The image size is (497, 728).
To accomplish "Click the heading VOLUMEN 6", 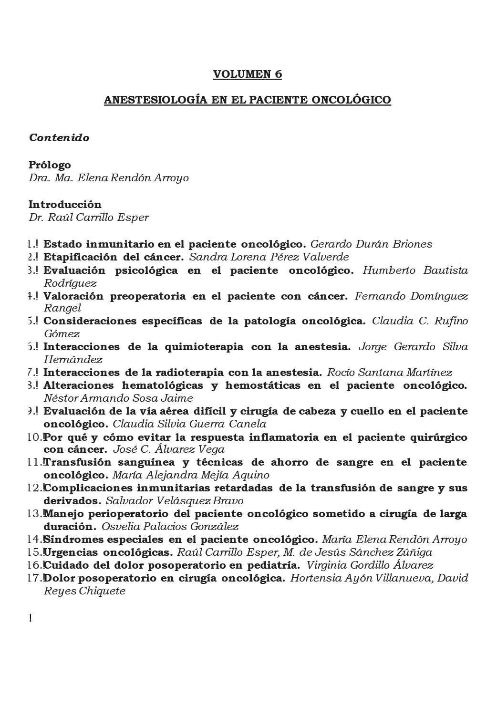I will (248, 74).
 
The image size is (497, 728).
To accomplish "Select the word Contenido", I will (59, 138).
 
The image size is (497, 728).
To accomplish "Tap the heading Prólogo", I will (50, 165).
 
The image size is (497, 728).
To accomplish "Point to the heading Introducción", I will (65, 205).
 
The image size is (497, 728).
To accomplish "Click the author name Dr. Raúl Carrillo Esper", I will (89, 218).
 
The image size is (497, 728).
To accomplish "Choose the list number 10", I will (35, 437).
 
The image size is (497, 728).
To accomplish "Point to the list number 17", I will (35, 578).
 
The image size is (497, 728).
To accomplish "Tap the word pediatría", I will (273, 565).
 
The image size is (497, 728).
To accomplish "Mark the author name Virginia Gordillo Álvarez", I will (370, 565).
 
